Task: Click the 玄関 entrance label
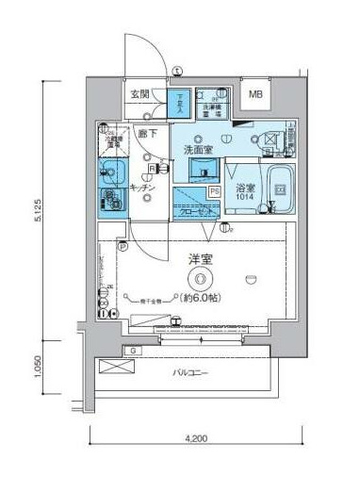[x=140, y=94]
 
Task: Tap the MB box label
[x=256, y=95]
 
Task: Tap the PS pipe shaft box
[x=214, y=191]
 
